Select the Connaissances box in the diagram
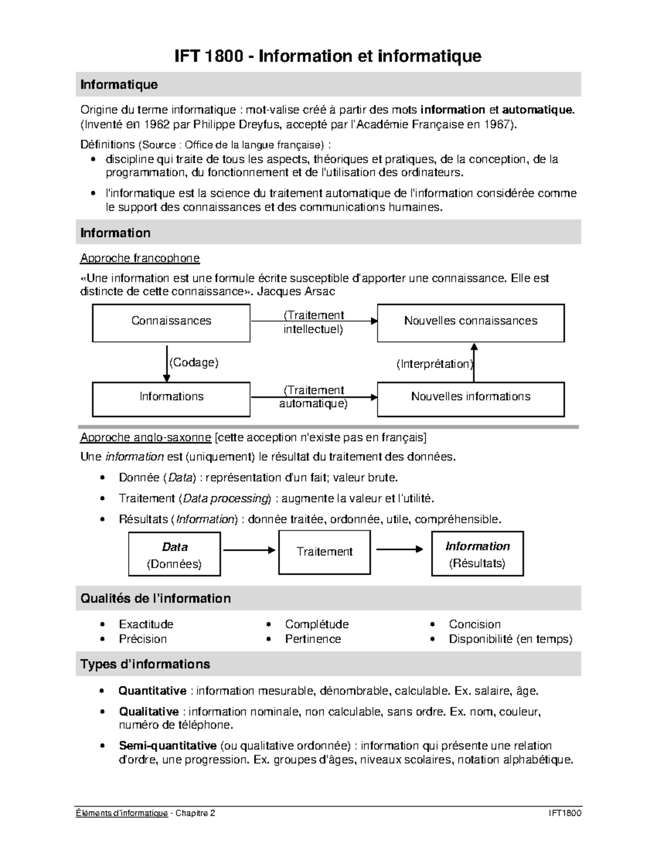click(x=171, y=323)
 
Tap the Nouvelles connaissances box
click(x=470, y=323)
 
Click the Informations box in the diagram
click(x=171, y=398)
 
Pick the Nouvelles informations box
click(x=470, y=398)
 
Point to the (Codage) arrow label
click(x=194, y=362)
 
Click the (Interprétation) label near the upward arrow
click(x=435, y=364)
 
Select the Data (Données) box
click(x=174, y=554)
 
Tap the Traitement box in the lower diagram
click(x=324, y=552)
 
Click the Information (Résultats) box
click(x=477, y=554)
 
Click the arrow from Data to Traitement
click(x=249, y=550)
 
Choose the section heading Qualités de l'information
click(x=155, y=598)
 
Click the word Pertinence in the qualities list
click(x=313, y=639)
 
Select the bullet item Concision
click(x=474, y=625)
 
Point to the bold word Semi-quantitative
click(x=168, y=745)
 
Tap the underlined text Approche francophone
click(x=140, y=258)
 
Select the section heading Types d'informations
click(x=145, y=664)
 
